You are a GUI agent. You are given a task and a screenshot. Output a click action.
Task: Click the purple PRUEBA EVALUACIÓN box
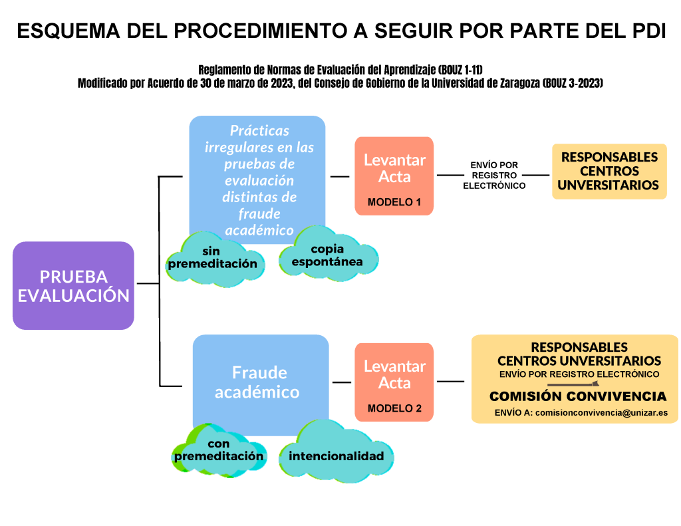tap(73, 285)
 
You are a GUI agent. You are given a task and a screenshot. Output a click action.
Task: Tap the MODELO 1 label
tap(394, 202)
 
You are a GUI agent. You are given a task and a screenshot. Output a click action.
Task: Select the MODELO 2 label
tap(394, 408)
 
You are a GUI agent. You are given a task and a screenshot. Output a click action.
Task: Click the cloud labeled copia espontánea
tap(328, 253)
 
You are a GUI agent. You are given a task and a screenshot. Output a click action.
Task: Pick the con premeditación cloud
tap(219, 450)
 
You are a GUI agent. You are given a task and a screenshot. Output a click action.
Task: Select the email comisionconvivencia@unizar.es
tap(601, 413)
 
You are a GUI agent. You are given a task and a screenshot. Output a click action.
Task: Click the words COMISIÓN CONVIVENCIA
tap(578, 396)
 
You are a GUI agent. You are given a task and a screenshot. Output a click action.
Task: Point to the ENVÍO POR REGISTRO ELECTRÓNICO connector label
tap(494, 176)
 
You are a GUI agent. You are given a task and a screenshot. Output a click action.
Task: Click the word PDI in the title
tap(646, 31)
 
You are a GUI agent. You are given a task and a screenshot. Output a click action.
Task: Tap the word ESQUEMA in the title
tap(68, 31)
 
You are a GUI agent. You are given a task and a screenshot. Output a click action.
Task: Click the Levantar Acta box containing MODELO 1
tap(394, 176)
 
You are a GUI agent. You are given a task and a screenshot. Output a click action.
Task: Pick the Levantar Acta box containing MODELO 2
tap(394, 382)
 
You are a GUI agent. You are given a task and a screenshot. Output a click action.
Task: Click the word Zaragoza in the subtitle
tap(519, 83)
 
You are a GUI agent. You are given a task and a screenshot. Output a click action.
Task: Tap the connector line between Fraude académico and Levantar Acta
tap(342, 382)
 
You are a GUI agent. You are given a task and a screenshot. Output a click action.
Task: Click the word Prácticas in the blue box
tap(259, 131)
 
